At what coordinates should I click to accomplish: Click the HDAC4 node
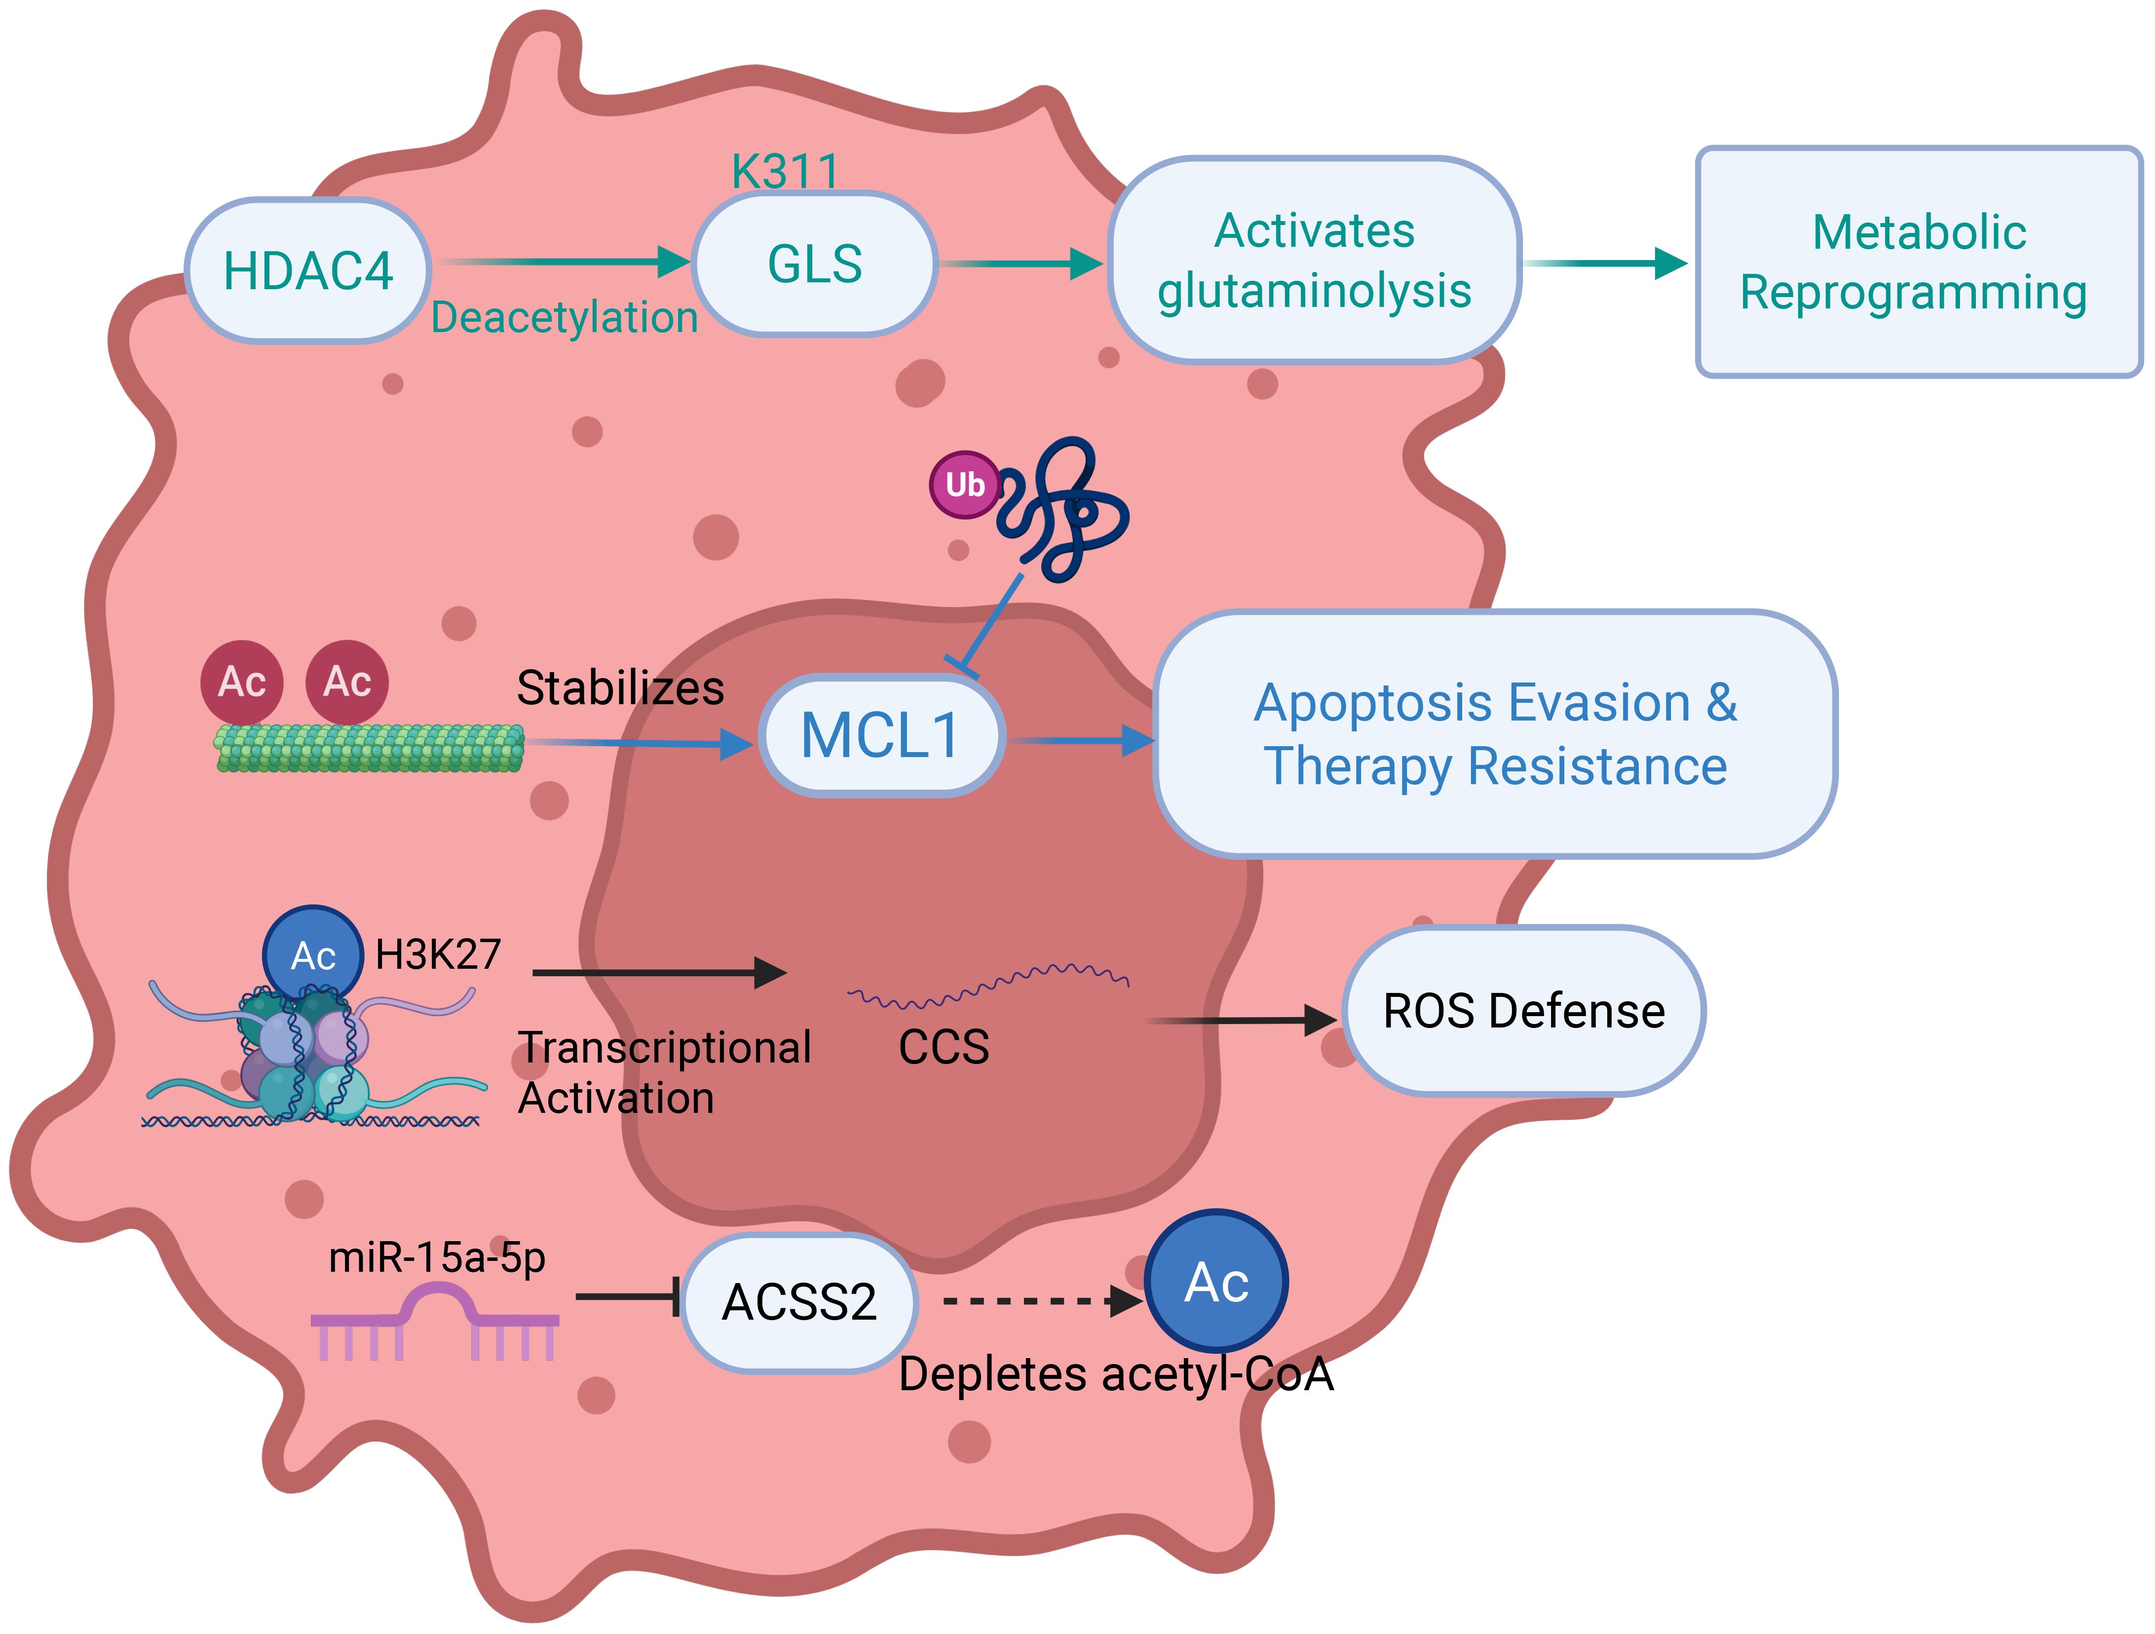pyautogui.click(x=308, y=271)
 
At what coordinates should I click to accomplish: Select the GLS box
pyautogui.click(x=814, y=264)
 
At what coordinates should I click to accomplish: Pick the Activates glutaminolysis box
pyautogui.click(x=1314, y=261)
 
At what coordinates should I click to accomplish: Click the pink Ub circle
pyautogui.click(x=964, y=484)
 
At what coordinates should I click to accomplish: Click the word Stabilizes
pyautogui.click(x=620, y=688)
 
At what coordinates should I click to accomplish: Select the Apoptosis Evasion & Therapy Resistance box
pyautogui.click(x=1494, y=735)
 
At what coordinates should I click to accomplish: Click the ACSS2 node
pyautogui.click(x=799, y=1302)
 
